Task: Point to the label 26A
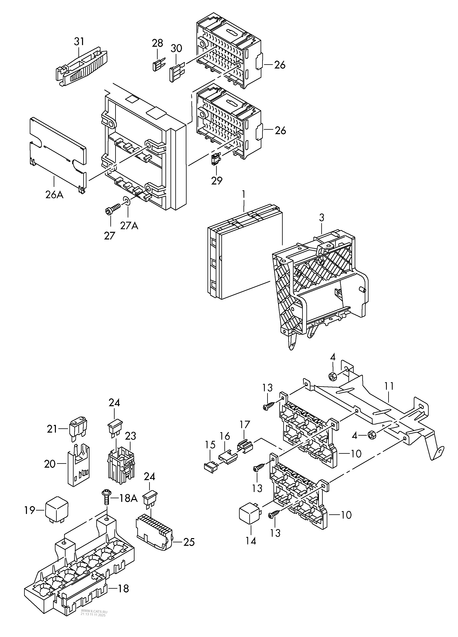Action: point(54,194)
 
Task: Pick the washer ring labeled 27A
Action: point(127,201)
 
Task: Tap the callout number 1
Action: point(244,194)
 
